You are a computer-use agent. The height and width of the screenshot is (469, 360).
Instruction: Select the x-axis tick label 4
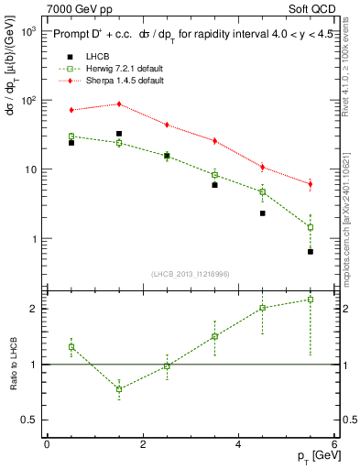[238, 444]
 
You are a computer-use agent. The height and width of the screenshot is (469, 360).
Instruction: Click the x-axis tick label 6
[334, 444]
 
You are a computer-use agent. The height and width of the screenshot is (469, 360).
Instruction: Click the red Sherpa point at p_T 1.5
[119, 104]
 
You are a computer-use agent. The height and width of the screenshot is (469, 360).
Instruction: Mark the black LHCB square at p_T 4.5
[262, 213]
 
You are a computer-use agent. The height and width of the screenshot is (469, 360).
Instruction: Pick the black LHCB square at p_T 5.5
[311, 251]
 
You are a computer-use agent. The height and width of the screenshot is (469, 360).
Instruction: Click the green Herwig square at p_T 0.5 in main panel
[71, 136]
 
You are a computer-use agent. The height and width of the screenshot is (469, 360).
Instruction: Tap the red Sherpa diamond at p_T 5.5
[311, 184]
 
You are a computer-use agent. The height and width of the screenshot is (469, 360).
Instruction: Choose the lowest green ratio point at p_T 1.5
[119, 389]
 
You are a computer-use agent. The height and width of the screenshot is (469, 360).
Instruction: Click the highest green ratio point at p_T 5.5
[311, 300]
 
